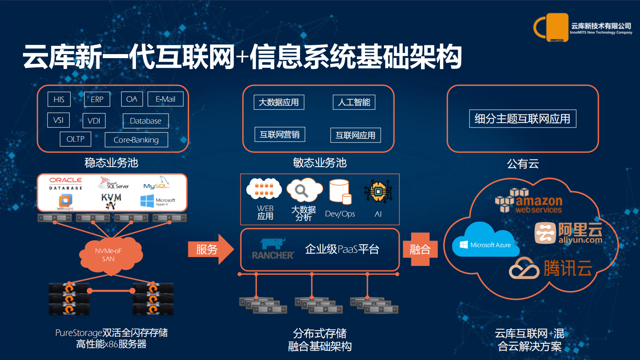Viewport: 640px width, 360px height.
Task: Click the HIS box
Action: pos(59,99)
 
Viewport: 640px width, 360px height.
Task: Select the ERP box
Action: pos(97,99)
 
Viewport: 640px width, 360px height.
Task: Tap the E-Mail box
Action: pos(165,99)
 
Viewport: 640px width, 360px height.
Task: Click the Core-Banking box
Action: pos(136,140)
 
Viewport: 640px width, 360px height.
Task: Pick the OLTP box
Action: pos(75,139)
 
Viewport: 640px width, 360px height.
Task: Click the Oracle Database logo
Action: pos(66,183)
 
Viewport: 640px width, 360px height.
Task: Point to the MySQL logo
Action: pos(156,184)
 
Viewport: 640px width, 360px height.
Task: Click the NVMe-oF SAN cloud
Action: pos(108,255)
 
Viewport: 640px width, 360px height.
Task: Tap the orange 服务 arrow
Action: pos(210,249)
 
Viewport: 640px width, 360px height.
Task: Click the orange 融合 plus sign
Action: pos(420,249)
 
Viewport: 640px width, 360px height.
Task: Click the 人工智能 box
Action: pos(354,102)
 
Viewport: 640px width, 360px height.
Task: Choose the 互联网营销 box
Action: pos(279,134)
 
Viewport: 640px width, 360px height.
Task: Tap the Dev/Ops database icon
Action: pos(340,192)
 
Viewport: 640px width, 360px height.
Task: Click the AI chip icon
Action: pos(378,191)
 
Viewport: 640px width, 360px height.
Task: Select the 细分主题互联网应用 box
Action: pos(522,119)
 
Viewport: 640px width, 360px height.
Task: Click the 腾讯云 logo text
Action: pos(567,268)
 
